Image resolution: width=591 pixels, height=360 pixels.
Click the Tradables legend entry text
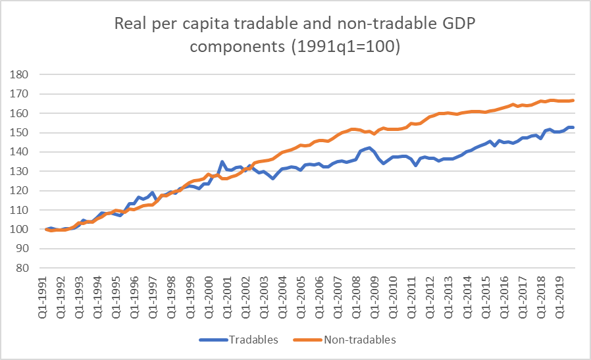point(253,340)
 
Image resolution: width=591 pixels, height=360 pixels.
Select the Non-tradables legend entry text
point(359,340)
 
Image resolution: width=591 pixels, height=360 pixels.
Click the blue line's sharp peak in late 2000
point(222,161)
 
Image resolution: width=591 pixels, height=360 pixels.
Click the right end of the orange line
point(573,100)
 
